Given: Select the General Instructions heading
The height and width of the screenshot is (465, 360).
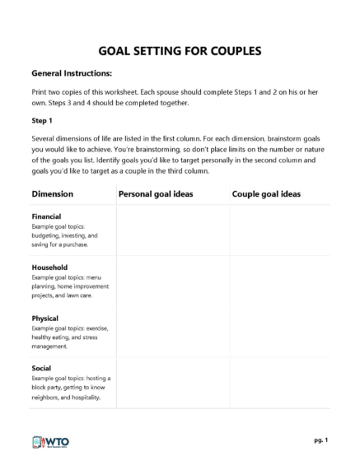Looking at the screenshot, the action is pos(71,73).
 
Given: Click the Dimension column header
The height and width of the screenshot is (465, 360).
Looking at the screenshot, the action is pos(52,194).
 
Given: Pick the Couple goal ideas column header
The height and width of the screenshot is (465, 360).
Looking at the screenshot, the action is pos(266,194).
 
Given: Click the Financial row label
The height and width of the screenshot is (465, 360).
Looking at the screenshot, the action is pos(49,216).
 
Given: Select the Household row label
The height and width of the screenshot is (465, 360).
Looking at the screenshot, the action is pos(49,267).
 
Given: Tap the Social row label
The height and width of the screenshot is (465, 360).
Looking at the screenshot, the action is pos(42,367).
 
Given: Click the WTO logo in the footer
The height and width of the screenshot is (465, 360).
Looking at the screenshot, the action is pos(50,441).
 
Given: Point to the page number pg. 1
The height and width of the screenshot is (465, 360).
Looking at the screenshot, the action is pos(320,440).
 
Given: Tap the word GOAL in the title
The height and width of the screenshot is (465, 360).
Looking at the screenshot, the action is pos(118,51).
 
